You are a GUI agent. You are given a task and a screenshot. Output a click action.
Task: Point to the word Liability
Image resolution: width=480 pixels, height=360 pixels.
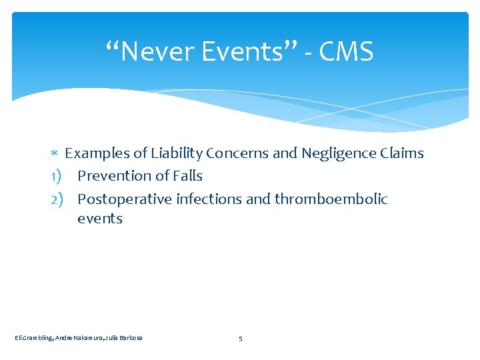click(x=176, y=153)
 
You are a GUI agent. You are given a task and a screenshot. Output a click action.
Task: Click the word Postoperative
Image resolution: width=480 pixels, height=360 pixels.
click(x=125, y=199)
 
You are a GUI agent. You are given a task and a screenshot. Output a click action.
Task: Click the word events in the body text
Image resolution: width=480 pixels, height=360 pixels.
click(x=100, y=219)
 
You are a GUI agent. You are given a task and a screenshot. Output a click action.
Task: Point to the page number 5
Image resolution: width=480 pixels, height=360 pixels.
click(x=240, y=339)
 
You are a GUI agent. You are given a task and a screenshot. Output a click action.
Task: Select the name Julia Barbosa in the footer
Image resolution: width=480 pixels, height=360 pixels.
click(x=127, y=339)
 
